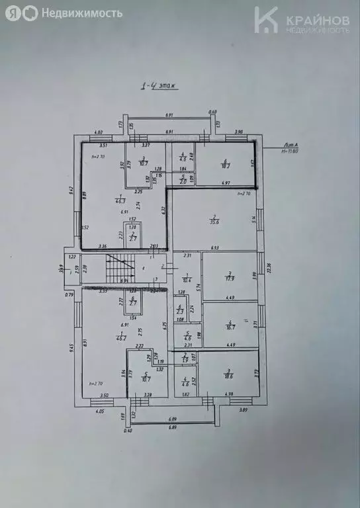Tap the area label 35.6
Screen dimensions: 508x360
(x=214, y=222)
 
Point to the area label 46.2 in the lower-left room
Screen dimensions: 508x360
(x=120, y=338)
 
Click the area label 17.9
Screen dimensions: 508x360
(x=230, y=278)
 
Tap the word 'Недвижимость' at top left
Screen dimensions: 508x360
(x=81, y=13)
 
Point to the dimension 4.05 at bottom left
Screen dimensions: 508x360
(x=100, y=411)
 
